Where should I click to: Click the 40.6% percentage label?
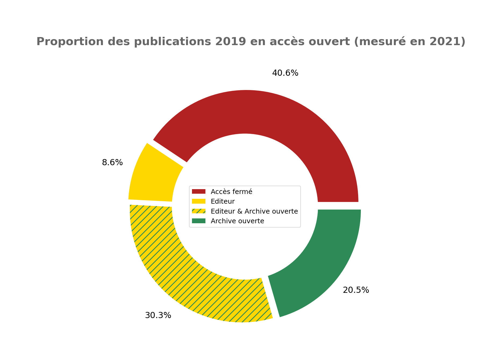tap(285, 73)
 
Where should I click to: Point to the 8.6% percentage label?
tap(112, 163)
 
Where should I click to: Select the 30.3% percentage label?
tap(158, 315)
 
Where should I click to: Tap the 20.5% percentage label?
tap(356, 290)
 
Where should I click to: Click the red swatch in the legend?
tap(198, 192)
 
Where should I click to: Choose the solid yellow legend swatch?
tap(198, 201)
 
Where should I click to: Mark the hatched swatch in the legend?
tap(198, 211)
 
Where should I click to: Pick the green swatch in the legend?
tap(198, 221)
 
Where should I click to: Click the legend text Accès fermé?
tap(232, 192)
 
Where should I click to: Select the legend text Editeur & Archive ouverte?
tap(254, 211)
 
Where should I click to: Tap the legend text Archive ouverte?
tap(237, 221)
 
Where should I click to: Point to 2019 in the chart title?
tap(230, 42)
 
